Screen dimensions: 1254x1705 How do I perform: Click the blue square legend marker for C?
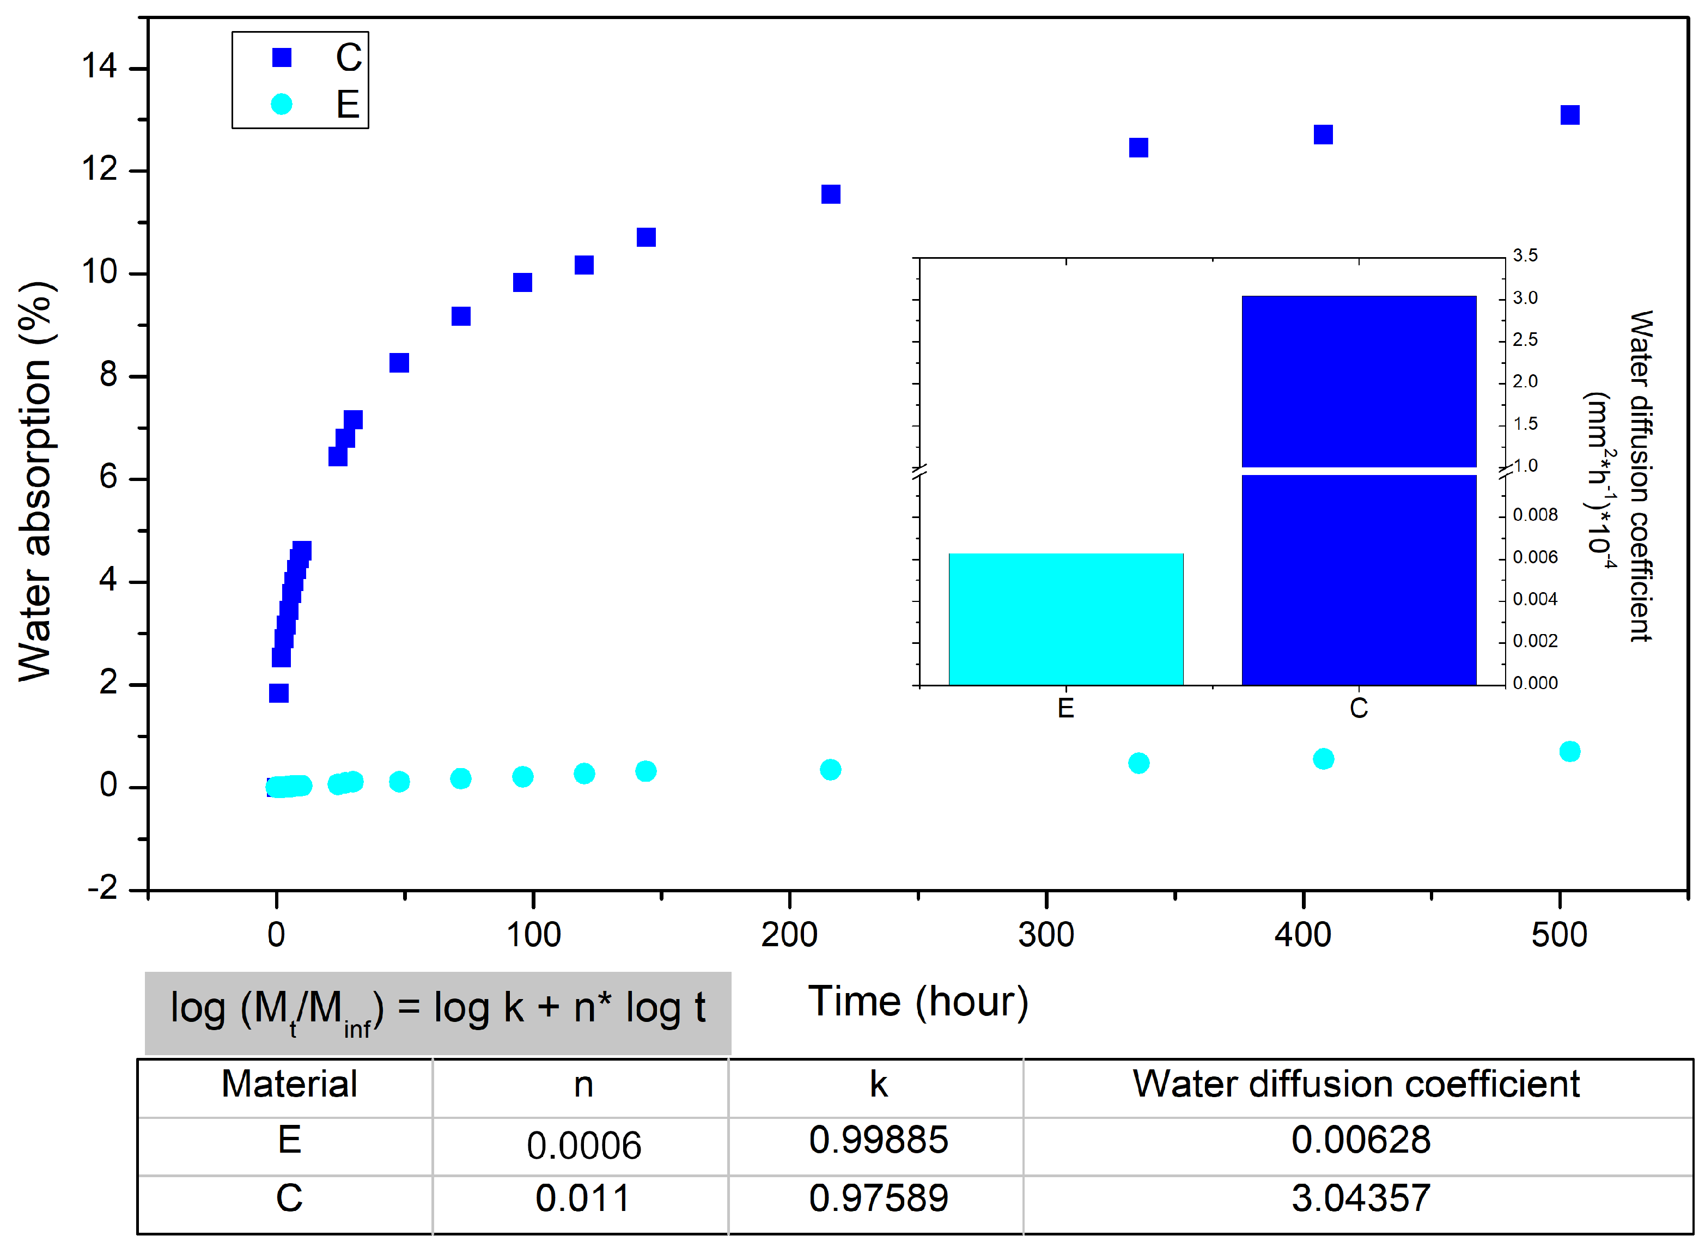tap(282, 58)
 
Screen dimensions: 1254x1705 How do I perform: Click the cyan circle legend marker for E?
tap(282, 104)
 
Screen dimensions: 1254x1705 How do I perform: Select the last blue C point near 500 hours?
tap(1569, 114)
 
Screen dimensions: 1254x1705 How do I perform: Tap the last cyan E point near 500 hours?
tap(1569, 752)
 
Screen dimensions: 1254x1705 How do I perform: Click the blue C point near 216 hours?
tap(831, 194)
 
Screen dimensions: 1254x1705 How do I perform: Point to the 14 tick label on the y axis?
tap(100, 67)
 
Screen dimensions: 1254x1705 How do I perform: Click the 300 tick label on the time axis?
tap(1045, 934)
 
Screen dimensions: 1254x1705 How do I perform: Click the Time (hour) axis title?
tap(918, 1001)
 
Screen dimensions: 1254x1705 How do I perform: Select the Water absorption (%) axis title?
tap(35, 482)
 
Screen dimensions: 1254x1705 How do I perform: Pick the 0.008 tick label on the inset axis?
tap(1534, 515)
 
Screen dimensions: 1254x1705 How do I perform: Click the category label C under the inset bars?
tap(1358, 708)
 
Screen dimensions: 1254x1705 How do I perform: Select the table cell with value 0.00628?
tap(1360, 1140)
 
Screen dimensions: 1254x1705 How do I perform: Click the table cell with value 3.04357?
tap(1360, 1198)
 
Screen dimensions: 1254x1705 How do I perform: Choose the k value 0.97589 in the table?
tap(878, 1198)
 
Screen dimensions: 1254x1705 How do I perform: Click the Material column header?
tap(289, 1084)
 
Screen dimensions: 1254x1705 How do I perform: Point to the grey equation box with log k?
tap(438, 1012)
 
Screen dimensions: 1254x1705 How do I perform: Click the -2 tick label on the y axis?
tap(102, 887)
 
